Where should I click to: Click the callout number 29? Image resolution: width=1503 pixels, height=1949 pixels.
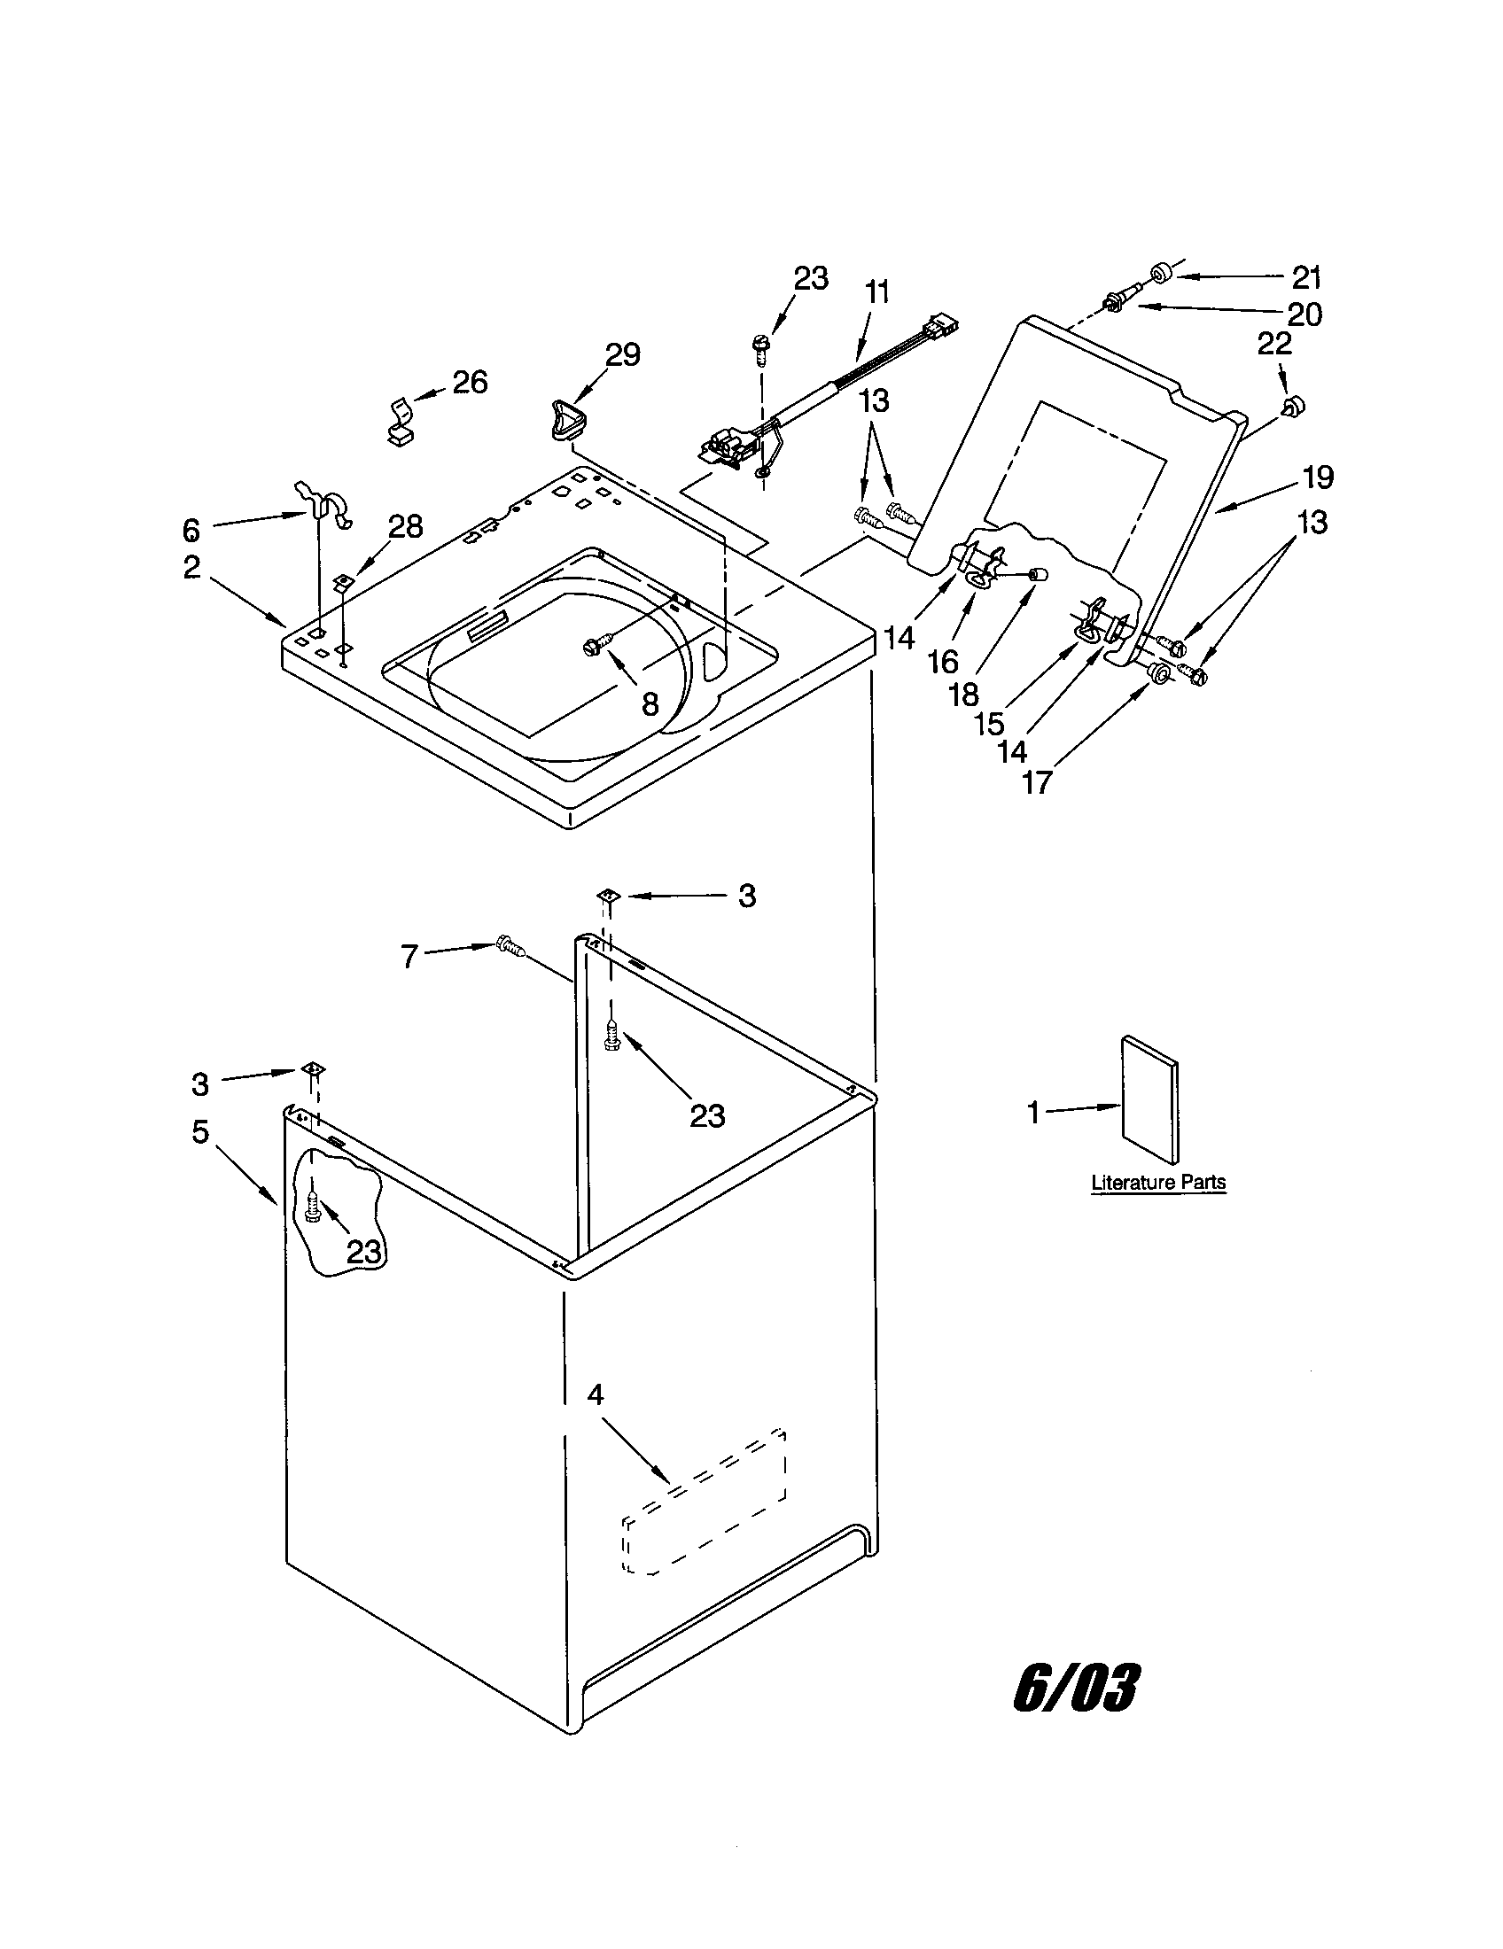[623, 354]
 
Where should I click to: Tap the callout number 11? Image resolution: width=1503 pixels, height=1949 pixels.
[877, 291]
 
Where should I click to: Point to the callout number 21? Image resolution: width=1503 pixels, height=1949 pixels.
[1306, 277]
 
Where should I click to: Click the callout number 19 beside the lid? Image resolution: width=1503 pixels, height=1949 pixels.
[1318, 478]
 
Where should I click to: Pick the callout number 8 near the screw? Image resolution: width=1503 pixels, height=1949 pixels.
[650, 704]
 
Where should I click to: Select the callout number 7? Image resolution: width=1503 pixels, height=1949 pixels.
[409, 958]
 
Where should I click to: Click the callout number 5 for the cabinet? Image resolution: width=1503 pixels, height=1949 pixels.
[200, 1131]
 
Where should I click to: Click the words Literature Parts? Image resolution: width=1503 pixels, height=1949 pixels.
[1158, 1183]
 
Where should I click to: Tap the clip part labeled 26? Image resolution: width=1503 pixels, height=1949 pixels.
[401, 422]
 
